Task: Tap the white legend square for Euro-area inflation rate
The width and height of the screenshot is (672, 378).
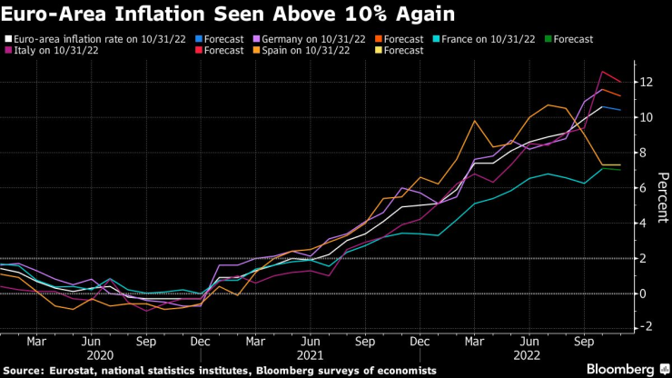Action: pyautogui.click(x=9, y=39)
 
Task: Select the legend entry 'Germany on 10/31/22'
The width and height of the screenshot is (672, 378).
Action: pyautogui.click(x=308, y=39)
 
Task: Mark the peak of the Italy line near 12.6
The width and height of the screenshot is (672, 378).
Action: pyautogui.click(x=602, y=72)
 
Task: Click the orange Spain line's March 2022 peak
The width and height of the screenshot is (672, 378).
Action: pyautogui.click(x=474, y=121)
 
